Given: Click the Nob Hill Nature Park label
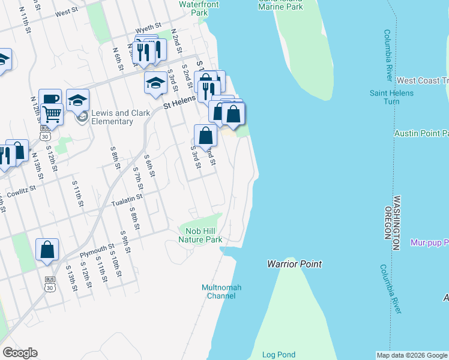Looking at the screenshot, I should click(200, 235).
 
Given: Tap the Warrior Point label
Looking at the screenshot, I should click(294, 264).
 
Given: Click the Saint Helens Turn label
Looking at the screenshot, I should click(391, 97).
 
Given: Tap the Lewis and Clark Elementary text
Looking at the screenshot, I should click(112, 117).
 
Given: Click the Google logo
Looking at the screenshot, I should click(20, 353).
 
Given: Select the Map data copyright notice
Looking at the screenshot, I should click(412, 355).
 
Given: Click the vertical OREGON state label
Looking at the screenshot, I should click(388, 223).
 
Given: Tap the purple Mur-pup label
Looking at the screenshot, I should click(429, 243).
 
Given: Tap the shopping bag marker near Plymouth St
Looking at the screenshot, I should click(47, 250).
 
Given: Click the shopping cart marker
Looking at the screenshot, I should click(52, 113).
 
